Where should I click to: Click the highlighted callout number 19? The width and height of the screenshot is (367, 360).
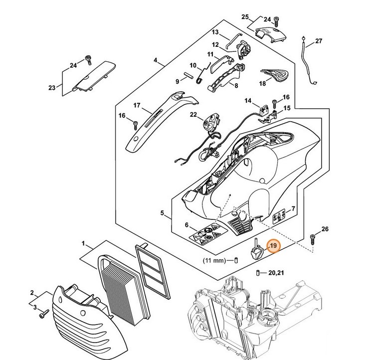tap(273, 246)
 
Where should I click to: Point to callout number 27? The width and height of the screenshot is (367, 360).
tap(319, 41)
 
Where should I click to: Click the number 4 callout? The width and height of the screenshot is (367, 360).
tap(156, 61)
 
